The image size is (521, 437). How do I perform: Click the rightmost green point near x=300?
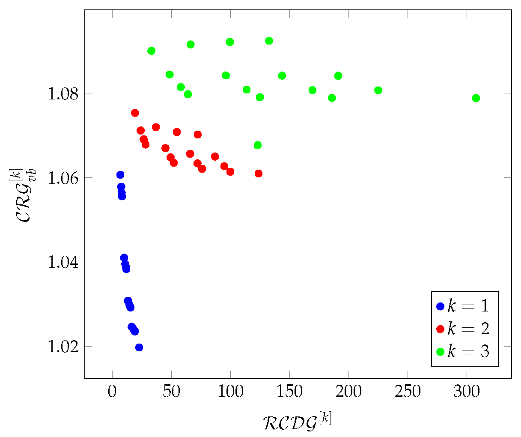point(476,98)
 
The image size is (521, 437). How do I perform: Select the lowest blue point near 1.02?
point(139,347)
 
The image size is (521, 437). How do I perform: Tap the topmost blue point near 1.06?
point(120,175)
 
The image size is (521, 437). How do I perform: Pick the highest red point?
point(135,113)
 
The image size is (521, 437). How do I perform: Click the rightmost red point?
point(258,174)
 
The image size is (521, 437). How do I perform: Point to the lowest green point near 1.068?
point(257,145)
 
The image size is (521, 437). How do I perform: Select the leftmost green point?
point(151,51)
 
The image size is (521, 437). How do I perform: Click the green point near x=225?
point(378,90)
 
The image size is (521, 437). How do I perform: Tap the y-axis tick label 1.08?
point(62,93)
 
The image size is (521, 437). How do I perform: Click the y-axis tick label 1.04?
point(62,262)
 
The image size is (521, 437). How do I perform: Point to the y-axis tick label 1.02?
point(62,347)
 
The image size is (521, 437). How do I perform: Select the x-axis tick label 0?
point(112,393)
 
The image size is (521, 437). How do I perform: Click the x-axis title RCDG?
point(297,421)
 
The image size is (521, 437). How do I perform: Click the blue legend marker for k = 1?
point(440,306)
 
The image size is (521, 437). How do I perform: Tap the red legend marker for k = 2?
point(440,329)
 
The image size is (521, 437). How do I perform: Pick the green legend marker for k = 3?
point(440,352)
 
